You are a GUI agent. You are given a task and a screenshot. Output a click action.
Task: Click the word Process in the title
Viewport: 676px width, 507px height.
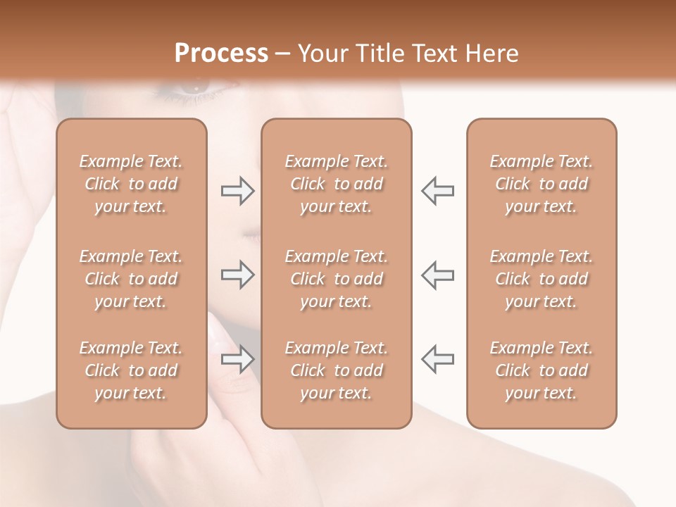pos(221,53)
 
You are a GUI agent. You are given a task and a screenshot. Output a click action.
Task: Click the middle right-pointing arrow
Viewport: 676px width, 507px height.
pos(238,275)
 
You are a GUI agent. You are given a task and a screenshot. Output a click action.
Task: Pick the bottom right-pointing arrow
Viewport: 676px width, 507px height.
pos(238,359)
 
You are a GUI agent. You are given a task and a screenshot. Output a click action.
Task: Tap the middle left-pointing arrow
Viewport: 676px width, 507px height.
pos(437,275)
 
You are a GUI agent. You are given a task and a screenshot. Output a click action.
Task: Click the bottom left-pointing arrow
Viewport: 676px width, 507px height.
pos(437,359)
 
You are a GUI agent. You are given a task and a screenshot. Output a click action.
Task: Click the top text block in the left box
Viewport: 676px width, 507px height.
pos(131,184)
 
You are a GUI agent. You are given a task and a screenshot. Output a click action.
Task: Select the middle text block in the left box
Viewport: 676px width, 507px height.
pos(131,279)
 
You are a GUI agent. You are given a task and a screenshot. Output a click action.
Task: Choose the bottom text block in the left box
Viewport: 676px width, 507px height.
pos(131,370)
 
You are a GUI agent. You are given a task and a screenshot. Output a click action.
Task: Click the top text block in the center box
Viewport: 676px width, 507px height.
pos(337,184)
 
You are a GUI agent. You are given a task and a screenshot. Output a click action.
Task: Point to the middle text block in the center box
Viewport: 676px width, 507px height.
pos(337,279)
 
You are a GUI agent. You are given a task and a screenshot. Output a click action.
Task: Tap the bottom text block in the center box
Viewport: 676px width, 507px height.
pos(337,370)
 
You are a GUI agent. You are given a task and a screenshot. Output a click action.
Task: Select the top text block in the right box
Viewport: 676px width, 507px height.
pos(542,184)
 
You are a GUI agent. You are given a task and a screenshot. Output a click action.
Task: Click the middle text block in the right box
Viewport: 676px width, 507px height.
pos(542,279)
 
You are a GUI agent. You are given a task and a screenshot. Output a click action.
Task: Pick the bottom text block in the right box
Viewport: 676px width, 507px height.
pos(542,370)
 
